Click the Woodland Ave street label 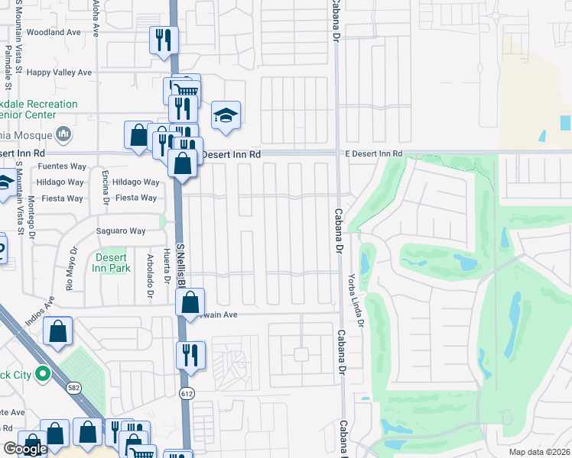(54, 33)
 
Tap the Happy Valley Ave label (59, 73)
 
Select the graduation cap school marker (226, 115)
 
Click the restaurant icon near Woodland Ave (164, 40)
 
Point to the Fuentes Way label (62, 166)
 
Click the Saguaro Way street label (120, 231)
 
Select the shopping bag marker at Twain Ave (190, 302)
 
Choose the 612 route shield (186, 393)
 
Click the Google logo (26, 449)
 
